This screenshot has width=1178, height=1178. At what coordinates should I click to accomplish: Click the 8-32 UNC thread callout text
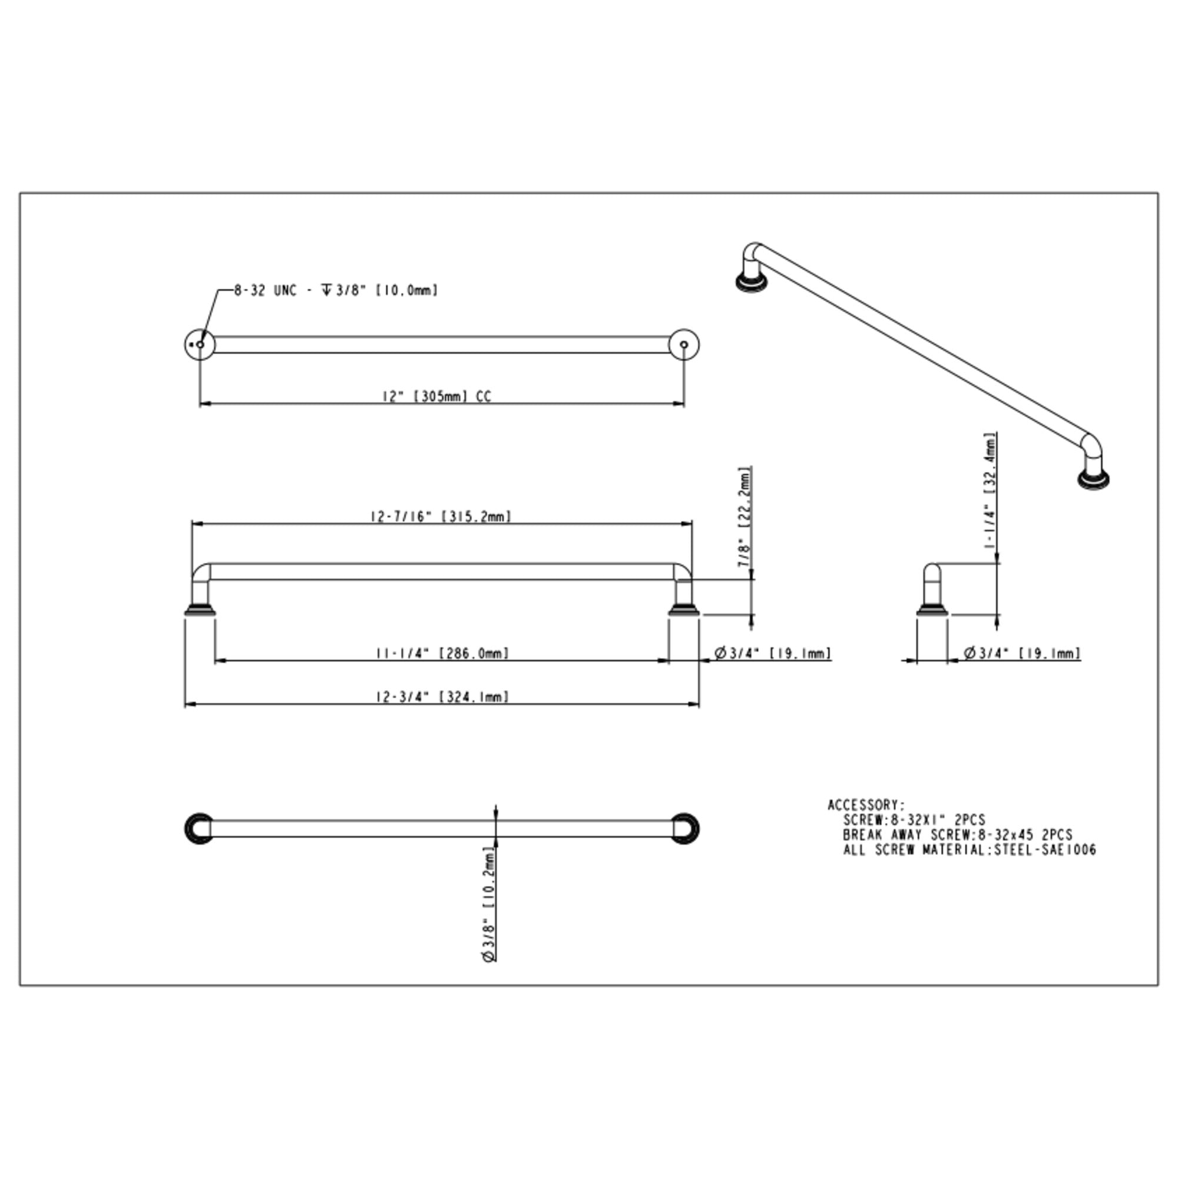[x=336, y=291]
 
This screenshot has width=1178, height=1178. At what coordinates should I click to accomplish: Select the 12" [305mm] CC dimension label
[x=436, y=396]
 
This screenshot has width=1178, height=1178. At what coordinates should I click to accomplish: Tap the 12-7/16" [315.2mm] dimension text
[x=441, y=517]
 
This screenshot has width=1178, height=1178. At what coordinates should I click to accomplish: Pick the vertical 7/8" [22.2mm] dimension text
[x=744, y=517]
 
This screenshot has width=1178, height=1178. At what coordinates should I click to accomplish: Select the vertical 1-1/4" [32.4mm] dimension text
[x=990, y=491]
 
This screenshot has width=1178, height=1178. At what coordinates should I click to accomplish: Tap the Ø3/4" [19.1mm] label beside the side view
[x=1022, y=653]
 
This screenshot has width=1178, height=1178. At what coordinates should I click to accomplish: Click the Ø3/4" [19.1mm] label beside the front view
[x=773, y=653]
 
